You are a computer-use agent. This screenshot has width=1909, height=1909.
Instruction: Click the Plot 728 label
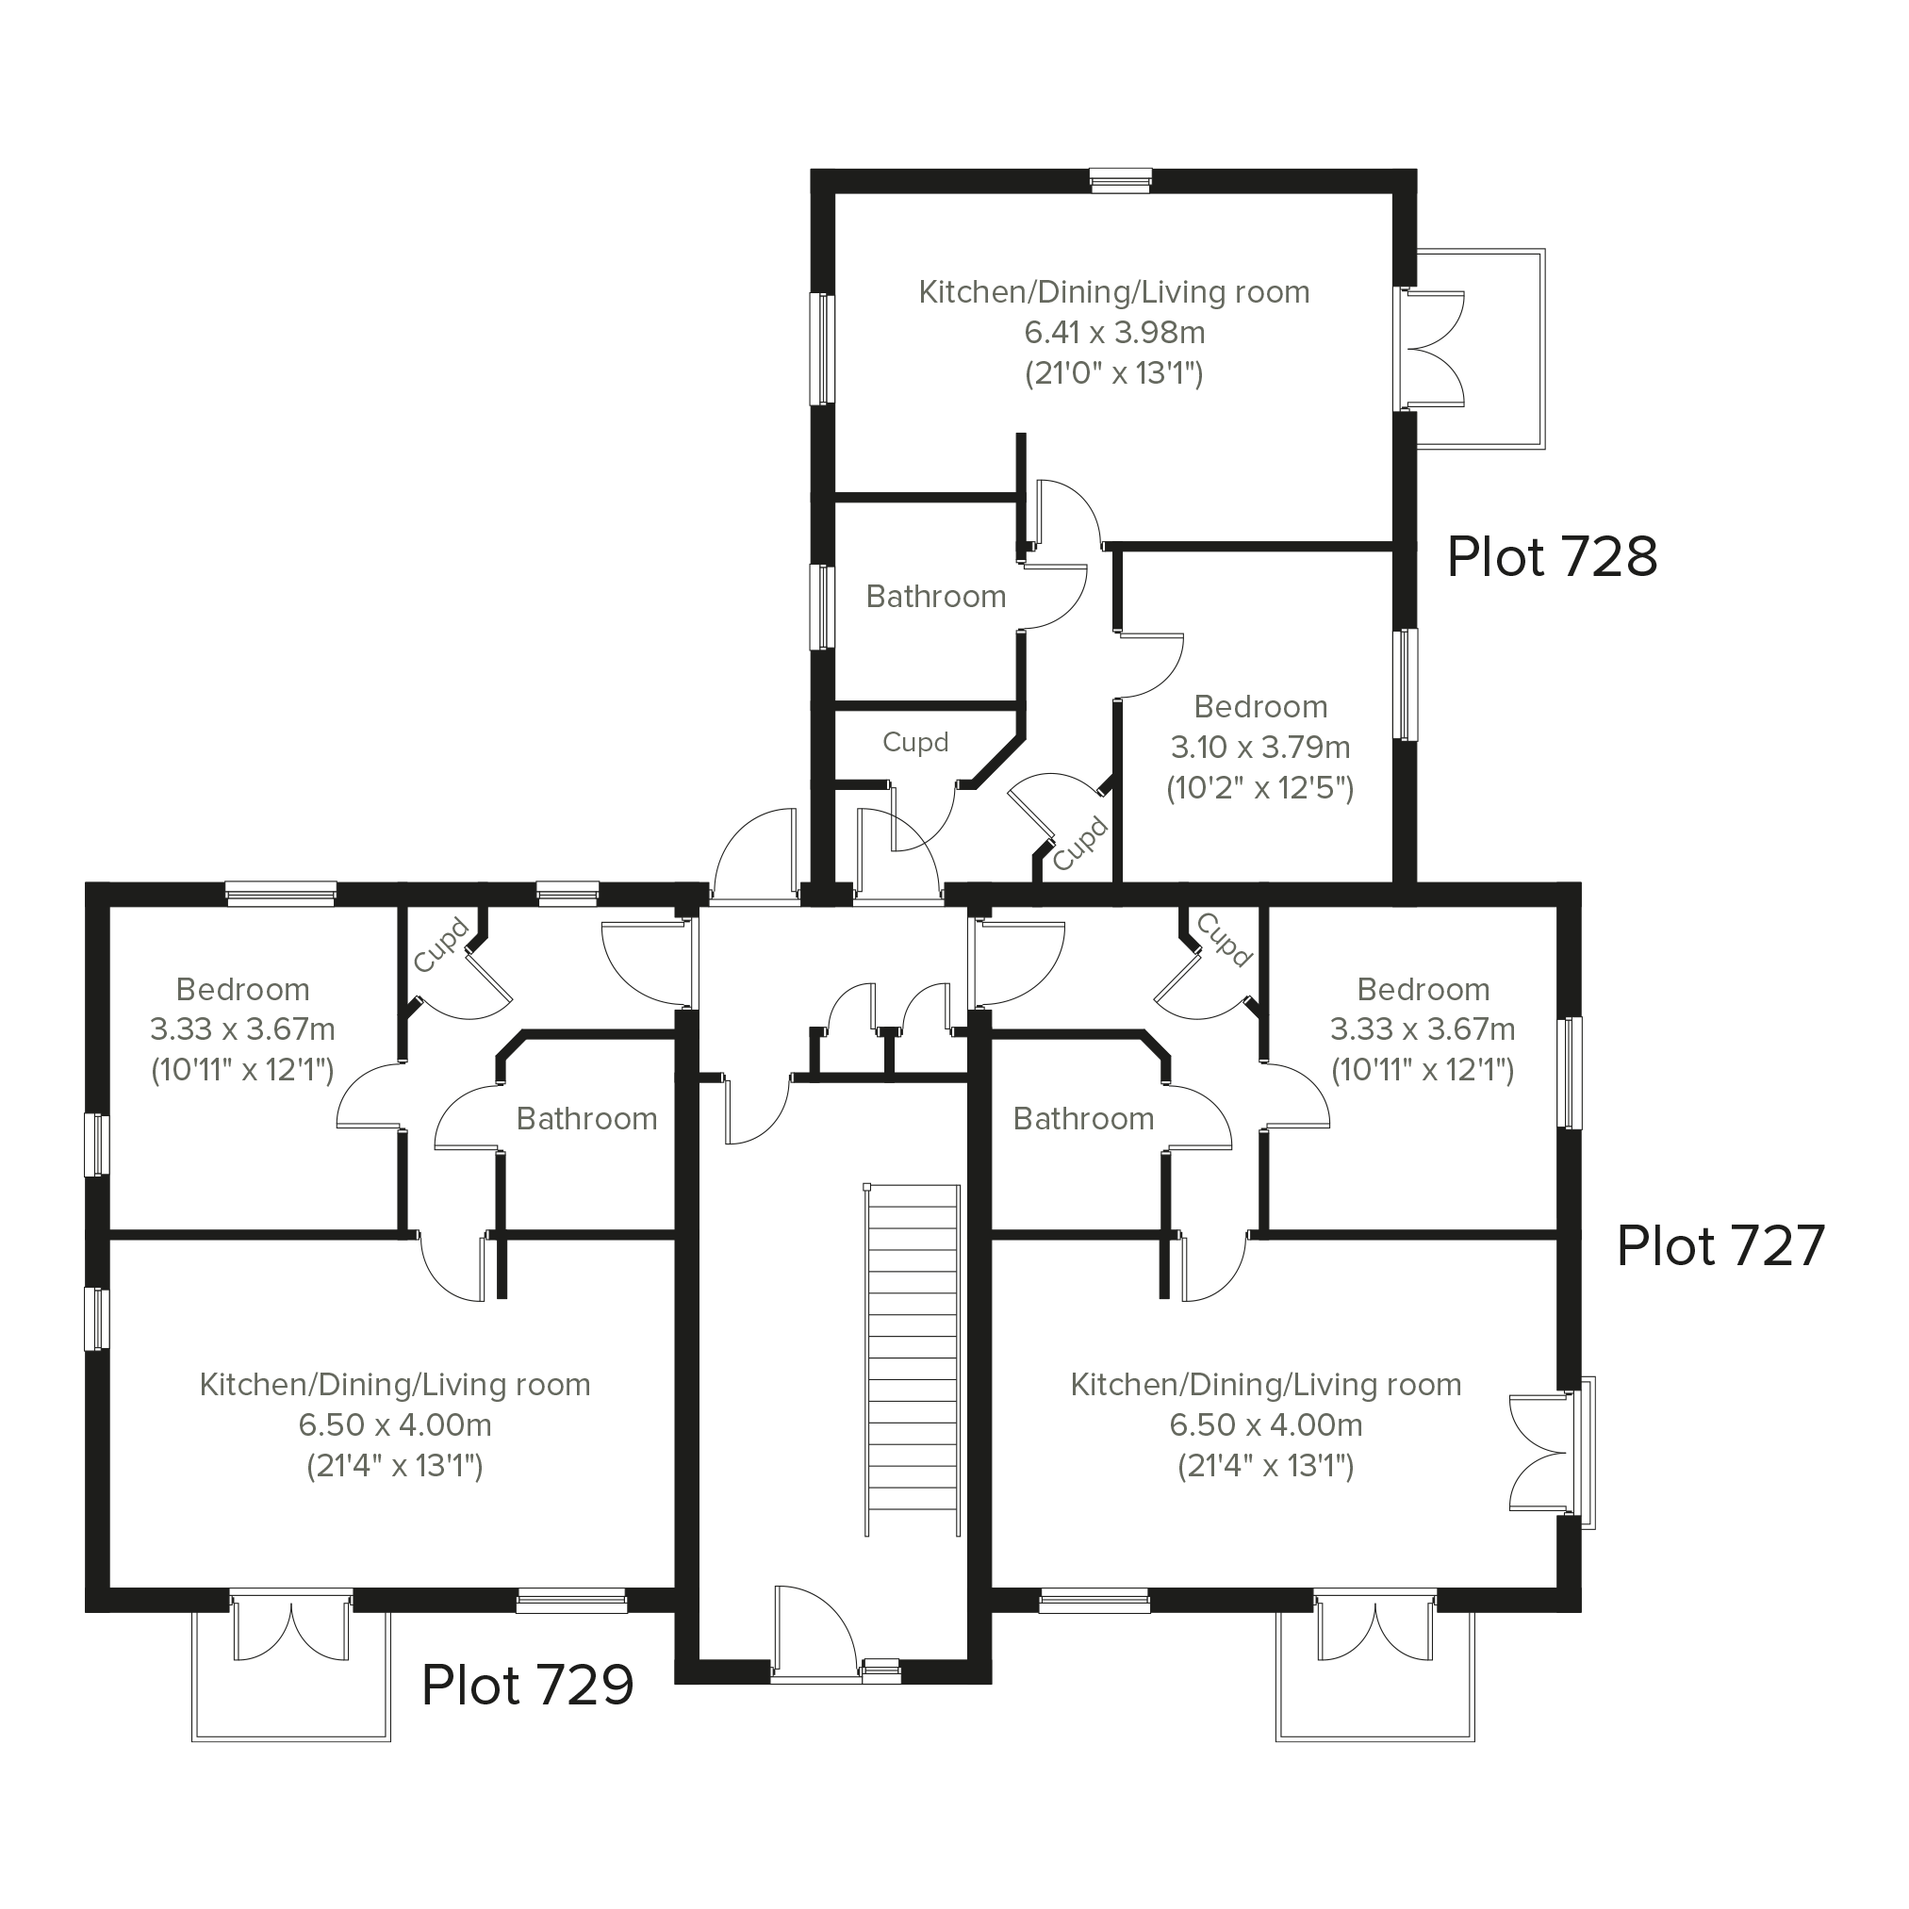[1552, 557]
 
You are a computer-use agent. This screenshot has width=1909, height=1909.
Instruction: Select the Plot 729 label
[528, 1685]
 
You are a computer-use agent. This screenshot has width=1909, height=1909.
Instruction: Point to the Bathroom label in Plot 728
[936, 597]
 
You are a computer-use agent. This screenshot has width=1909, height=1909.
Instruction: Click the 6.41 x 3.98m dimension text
[1114, 333]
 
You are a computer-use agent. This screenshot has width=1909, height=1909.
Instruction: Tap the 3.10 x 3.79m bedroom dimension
[1259, 747]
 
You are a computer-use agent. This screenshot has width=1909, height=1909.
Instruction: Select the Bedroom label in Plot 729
[243, 989]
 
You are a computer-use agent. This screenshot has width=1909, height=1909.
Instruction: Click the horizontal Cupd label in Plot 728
[915, 742]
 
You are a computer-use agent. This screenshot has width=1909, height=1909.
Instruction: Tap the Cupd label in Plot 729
[440, 945]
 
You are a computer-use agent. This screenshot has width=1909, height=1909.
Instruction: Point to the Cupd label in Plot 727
[1225, 939]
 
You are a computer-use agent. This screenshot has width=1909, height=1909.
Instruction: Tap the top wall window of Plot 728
[1121, 180]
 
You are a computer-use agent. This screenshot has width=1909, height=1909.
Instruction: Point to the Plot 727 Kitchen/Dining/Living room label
[1266, 1385]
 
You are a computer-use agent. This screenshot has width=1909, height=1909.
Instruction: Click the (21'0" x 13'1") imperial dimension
[1114, 373]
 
